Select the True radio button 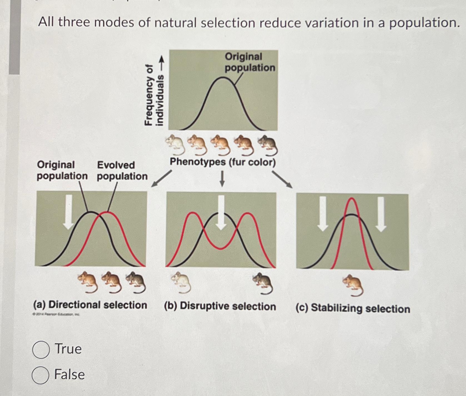(41, 350)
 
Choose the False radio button (41, 375)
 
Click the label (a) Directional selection (90, 305)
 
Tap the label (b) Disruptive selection (220, 306)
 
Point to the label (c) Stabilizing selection (353, 308)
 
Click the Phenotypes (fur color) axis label (223, 162)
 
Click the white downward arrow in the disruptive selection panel (221, 213)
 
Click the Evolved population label (122, 170)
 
